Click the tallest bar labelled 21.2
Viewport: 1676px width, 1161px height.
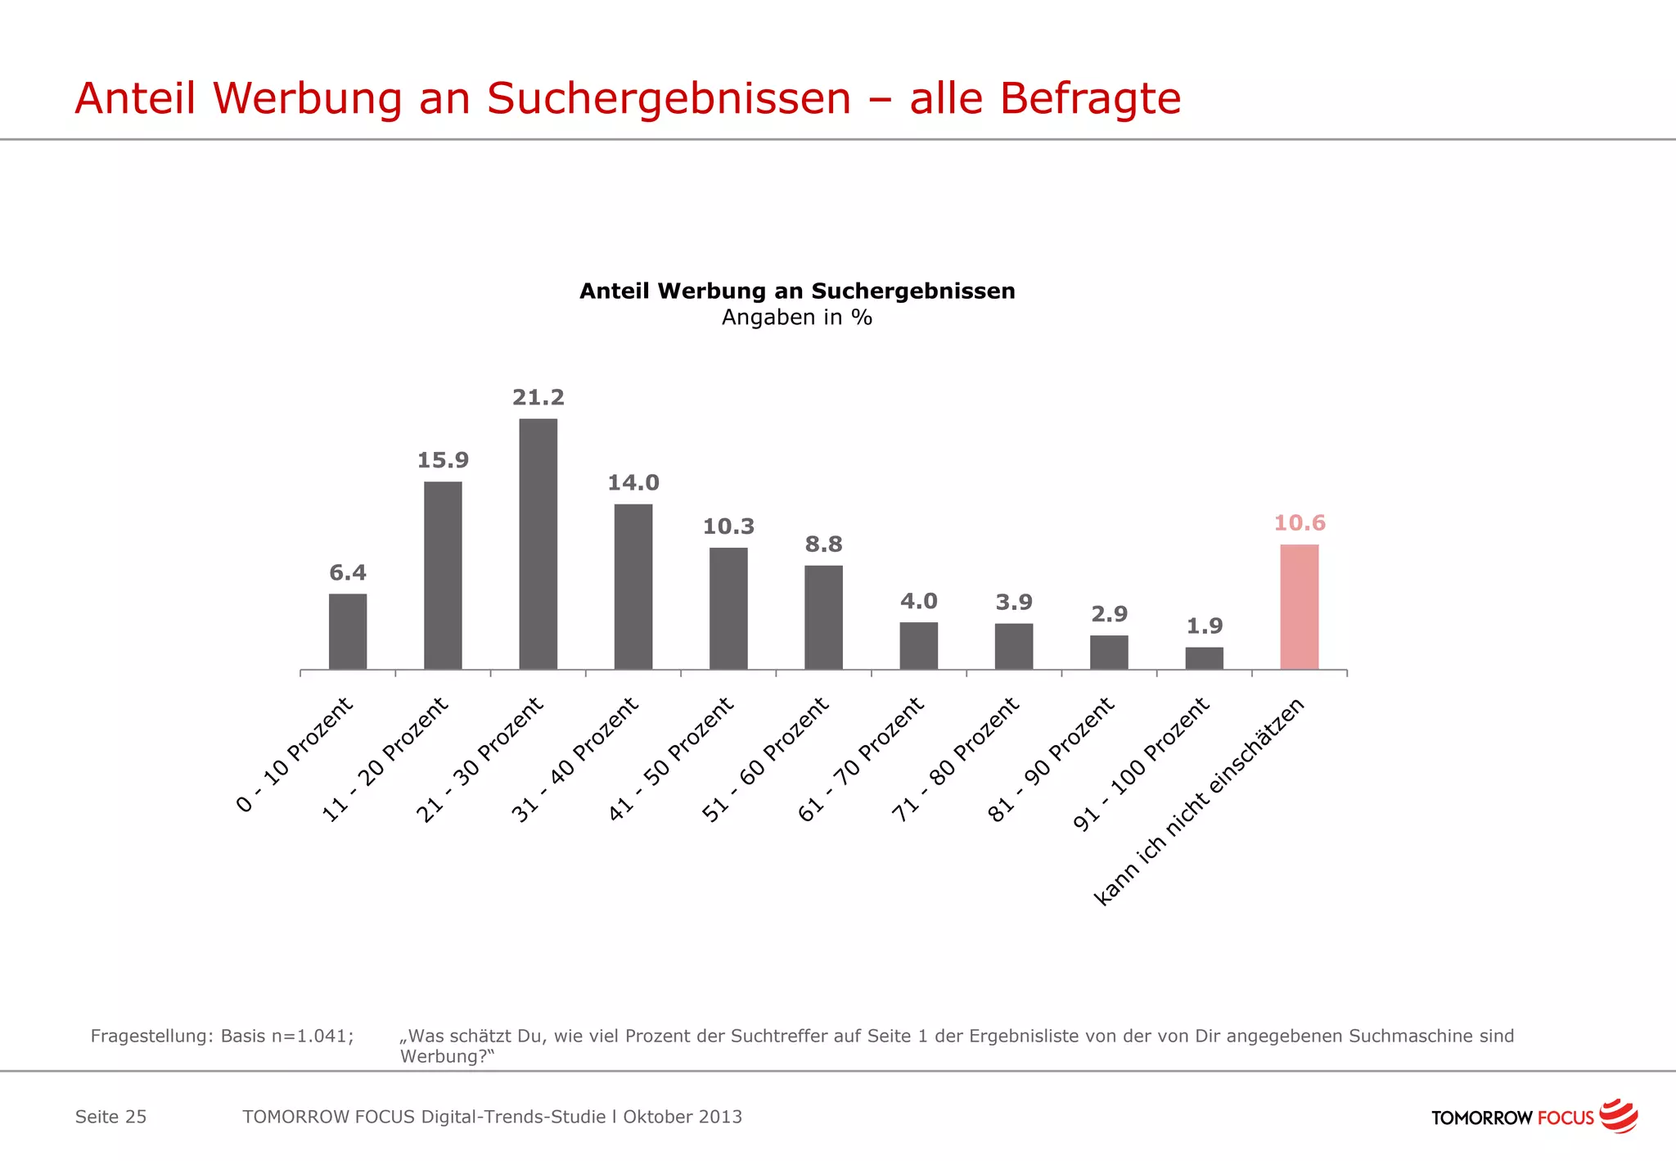pos(538,544)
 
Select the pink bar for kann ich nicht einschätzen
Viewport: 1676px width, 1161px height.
pos(1299,607)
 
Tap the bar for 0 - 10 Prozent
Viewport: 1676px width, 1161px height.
pos(348,631)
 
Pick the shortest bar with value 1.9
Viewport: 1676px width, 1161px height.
pos(1204,658)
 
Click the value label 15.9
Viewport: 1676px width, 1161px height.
pos(443,460)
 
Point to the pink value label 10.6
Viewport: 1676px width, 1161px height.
pos(1299,522)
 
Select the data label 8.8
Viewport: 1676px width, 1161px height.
pos(823,544)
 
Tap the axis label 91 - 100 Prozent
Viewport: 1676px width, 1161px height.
pos(1141,764)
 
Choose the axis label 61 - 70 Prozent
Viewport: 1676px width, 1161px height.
pos(861,759)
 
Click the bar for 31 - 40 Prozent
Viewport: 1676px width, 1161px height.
pos(633,586)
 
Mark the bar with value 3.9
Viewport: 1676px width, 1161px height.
pos(1013,646)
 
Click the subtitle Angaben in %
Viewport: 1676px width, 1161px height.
pos(796,318)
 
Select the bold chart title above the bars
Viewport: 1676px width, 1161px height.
pos(796,291)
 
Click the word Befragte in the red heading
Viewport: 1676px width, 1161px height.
pos(1089,99)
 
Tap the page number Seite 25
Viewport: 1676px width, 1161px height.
pos(110,1117)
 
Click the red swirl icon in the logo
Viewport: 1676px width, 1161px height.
pos(1618,1116)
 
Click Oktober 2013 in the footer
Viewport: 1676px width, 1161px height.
pos(683,1117)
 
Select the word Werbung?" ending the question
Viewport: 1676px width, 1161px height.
pos(447,1056)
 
